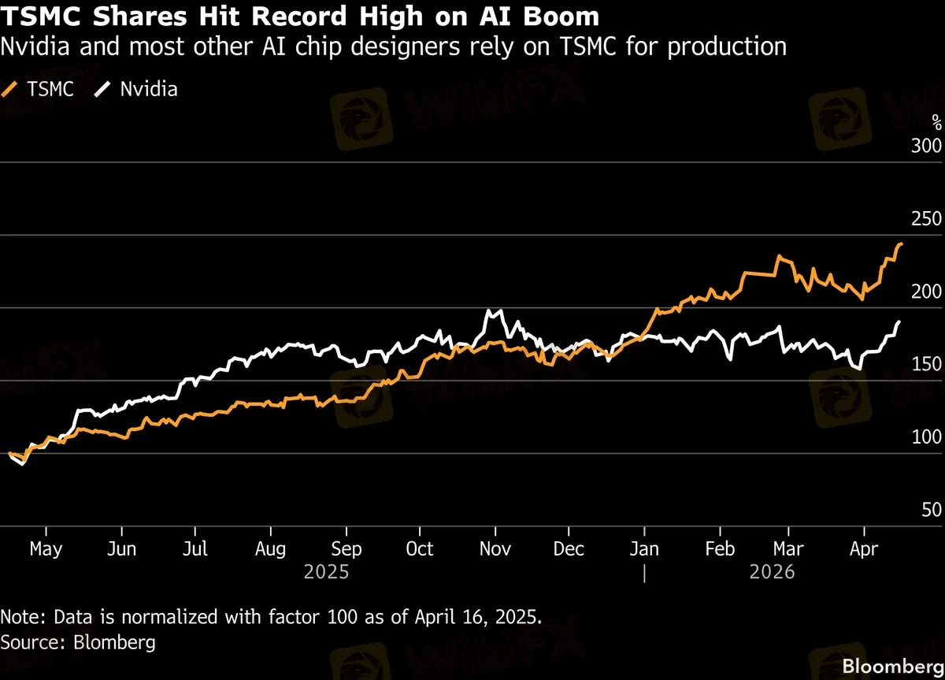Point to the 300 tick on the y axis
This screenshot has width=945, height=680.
pos(926,147)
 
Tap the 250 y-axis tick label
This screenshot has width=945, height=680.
pos(926,220)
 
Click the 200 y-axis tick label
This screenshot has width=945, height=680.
pos(926,292)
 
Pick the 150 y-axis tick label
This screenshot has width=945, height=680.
pos(926,365)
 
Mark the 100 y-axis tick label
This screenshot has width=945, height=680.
pos(926,437)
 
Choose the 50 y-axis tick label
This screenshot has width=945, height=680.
pos(932,510)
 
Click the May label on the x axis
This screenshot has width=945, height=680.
pos(46,549)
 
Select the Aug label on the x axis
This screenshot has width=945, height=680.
pos(271,549)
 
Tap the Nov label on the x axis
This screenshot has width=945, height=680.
pos(495,549)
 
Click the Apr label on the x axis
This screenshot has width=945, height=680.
pos(864,549)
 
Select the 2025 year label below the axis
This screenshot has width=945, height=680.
pos(326,571)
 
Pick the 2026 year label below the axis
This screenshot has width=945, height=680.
pos(773,571)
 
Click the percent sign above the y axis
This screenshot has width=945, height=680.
pos(936,122)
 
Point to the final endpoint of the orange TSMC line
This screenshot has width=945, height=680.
pos(901,244)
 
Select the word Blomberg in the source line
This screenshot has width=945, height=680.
pos(114,641)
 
